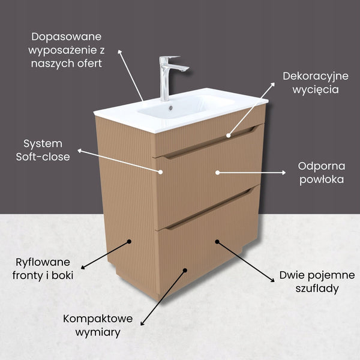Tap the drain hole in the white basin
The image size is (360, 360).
point(170,107)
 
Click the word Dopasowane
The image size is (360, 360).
point(67,37)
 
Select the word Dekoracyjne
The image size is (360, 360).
point(316,76)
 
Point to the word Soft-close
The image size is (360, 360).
point(43,157)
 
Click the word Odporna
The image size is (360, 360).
point(322,166)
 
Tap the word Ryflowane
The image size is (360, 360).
point(43,262)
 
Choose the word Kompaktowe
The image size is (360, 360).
point(98,319)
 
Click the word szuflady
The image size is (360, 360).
point(317,289)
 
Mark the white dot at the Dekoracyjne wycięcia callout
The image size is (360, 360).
point(228,136)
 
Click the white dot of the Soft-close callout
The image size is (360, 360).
point(161,172)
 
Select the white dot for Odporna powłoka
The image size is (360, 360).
point(217,172)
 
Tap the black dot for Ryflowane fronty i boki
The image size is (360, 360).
point(129,242)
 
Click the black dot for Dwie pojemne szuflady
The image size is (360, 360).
point(217,242)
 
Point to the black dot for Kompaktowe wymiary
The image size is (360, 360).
point(185,271)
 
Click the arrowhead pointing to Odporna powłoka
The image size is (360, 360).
point(284,172)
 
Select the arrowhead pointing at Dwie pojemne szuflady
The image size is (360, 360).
point(272,280)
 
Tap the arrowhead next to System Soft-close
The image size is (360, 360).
point(79,151)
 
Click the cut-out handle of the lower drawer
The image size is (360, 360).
point(209,209)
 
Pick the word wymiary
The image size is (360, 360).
point(98,332)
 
